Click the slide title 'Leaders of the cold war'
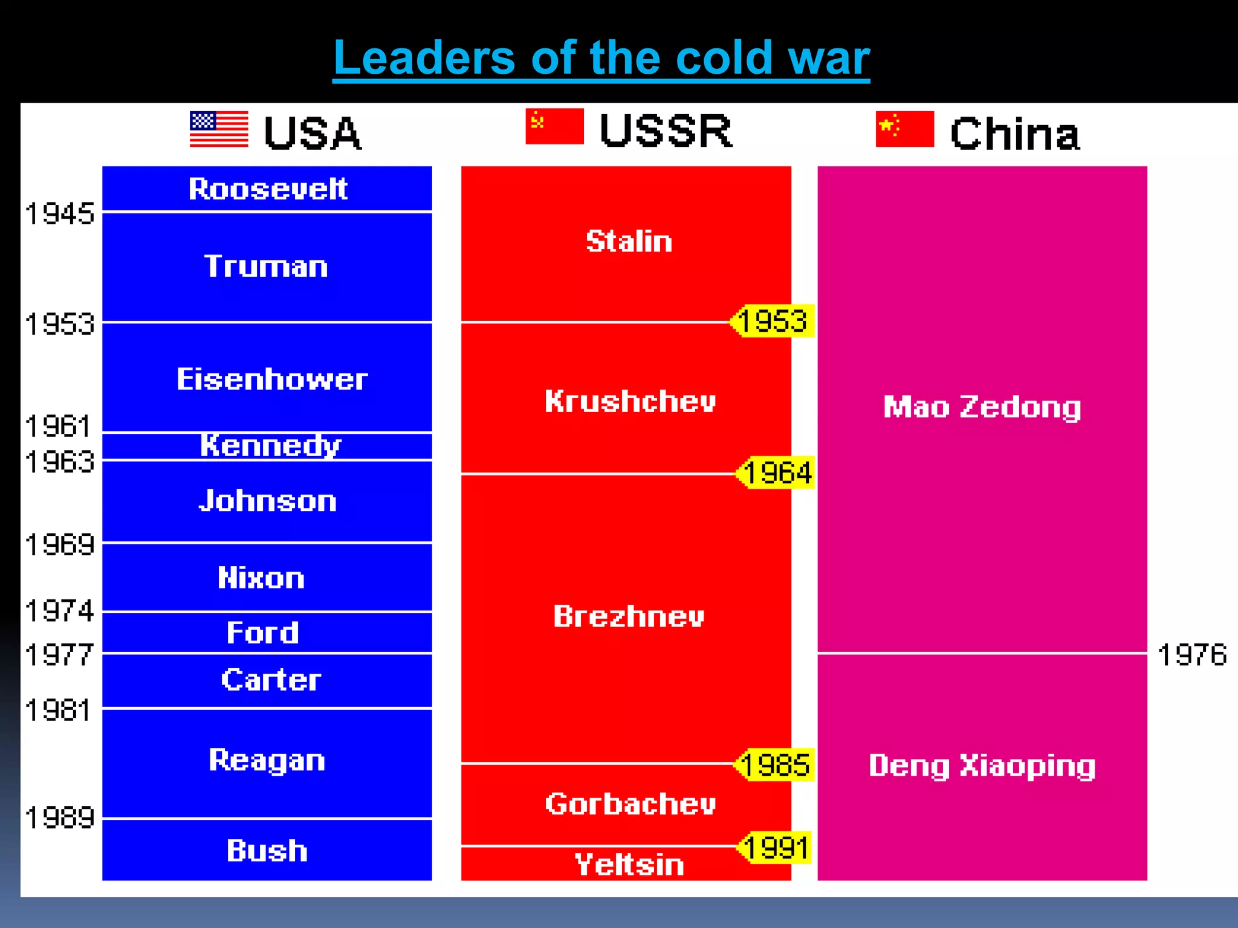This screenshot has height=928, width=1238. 601,58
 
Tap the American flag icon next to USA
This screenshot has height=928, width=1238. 219,129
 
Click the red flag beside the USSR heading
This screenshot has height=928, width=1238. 554,126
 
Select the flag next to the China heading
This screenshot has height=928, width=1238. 904,129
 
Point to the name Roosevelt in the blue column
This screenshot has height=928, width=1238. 268,189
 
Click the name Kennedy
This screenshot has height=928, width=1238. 270,446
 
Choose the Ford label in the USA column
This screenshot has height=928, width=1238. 263,633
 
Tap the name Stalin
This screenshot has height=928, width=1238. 629,241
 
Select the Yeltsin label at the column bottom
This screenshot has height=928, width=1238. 629,864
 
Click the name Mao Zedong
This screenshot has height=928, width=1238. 982,407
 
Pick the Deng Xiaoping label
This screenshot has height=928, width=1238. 982,765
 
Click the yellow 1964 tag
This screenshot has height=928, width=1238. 776,472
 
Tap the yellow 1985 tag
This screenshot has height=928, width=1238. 774,765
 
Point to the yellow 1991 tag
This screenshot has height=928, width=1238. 774,848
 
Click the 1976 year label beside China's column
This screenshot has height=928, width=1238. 1191,655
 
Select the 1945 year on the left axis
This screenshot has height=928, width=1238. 60,214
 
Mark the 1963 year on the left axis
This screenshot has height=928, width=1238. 60,462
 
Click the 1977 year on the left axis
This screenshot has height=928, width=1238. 60,655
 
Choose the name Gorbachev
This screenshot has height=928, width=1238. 630,804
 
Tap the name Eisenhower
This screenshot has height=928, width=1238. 272,379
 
